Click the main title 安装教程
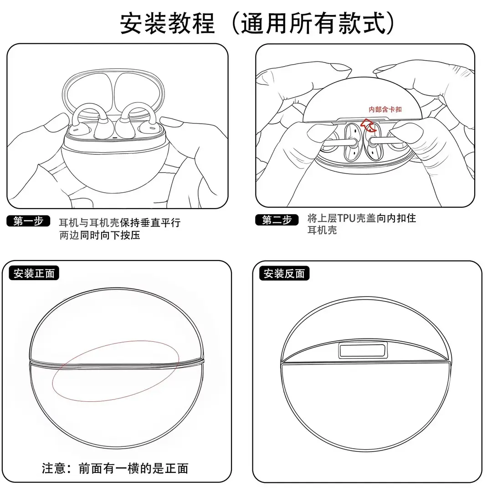(x=168, y=24)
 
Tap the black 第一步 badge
(x=28, y=221)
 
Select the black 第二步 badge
(x=277, y=220)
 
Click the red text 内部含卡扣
(x=385, y=109)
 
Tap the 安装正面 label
(x=34, y=273)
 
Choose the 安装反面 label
(x=284, y=274)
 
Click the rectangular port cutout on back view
(x=363, y=350)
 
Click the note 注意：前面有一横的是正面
(x=115, y=468)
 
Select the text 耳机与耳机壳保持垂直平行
(x=120, y=222)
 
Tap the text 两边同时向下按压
(x=100, y=235)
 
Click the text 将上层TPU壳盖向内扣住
(x=362, y=218)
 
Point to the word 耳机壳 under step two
(x=322, y=231)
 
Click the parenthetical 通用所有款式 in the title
(x=313, y=24)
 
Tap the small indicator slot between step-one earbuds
(x=114, y=138)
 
